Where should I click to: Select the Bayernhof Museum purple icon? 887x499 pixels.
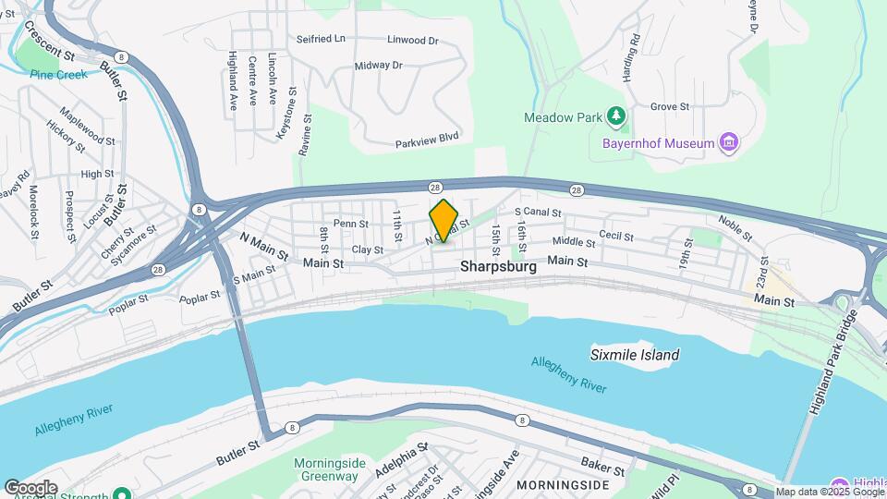[729, 143]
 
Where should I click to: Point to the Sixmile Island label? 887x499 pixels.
[635, 355]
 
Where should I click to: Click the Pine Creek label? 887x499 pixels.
[59, 74]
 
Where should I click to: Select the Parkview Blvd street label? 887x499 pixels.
[427, 140]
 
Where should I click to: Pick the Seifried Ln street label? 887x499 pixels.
[321, 39]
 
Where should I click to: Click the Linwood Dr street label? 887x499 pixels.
[413, 41]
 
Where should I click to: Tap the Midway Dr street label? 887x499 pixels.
[379, 66]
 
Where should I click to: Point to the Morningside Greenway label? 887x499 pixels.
[325, 469]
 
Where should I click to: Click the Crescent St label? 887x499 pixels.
[50, 42]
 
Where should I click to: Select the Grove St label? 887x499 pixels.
[670, 107]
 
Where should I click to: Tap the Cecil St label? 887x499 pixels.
[615, 237]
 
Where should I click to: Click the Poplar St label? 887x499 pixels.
[201, 298]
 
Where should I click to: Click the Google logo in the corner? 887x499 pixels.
[30, 488]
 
